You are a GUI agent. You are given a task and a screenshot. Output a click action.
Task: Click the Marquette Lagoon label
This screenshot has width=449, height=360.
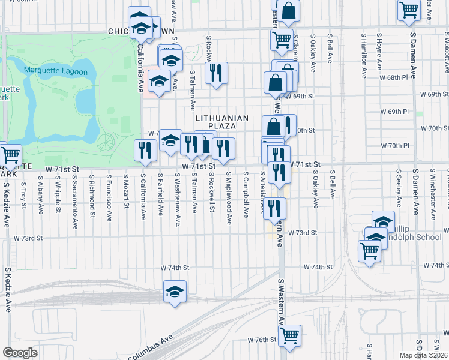pos(56,72)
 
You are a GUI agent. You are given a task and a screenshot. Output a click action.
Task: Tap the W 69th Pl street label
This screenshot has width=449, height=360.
pos(394,112)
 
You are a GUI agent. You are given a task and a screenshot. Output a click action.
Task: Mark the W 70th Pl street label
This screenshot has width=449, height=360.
pos(394,146)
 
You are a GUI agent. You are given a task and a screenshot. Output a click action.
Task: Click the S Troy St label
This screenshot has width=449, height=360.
pos(23,190)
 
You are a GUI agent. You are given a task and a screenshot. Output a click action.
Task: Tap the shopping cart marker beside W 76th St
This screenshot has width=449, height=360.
pos(290,335)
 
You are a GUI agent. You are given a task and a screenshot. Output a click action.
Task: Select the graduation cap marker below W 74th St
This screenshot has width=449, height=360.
pos(175,292)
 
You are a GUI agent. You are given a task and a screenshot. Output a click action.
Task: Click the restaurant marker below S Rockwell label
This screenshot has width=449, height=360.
pos(216,73)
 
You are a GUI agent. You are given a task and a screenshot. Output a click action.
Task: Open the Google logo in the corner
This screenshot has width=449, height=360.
pos(20,353)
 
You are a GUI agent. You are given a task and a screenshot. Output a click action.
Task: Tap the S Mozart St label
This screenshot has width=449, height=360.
pos(127,191)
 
